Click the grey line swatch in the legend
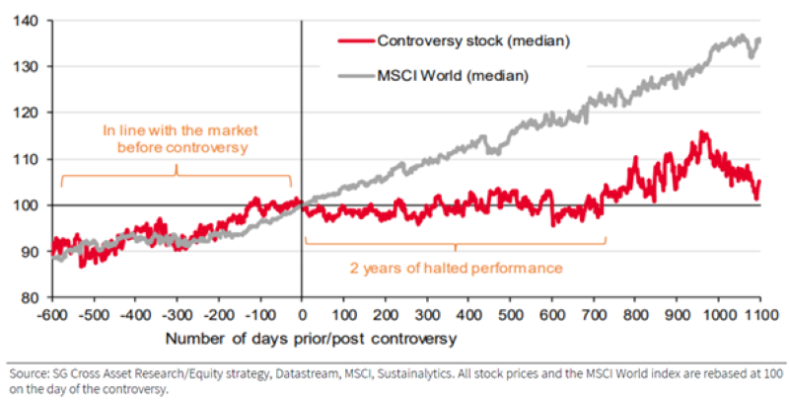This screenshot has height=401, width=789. coord(355,74)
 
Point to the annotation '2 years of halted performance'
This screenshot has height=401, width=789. coord(456,268)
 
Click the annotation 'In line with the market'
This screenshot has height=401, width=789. coord(178,129)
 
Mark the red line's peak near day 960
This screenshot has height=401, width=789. coord(702,132)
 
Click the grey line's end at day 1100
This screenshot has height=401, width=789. coord(759,40)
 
